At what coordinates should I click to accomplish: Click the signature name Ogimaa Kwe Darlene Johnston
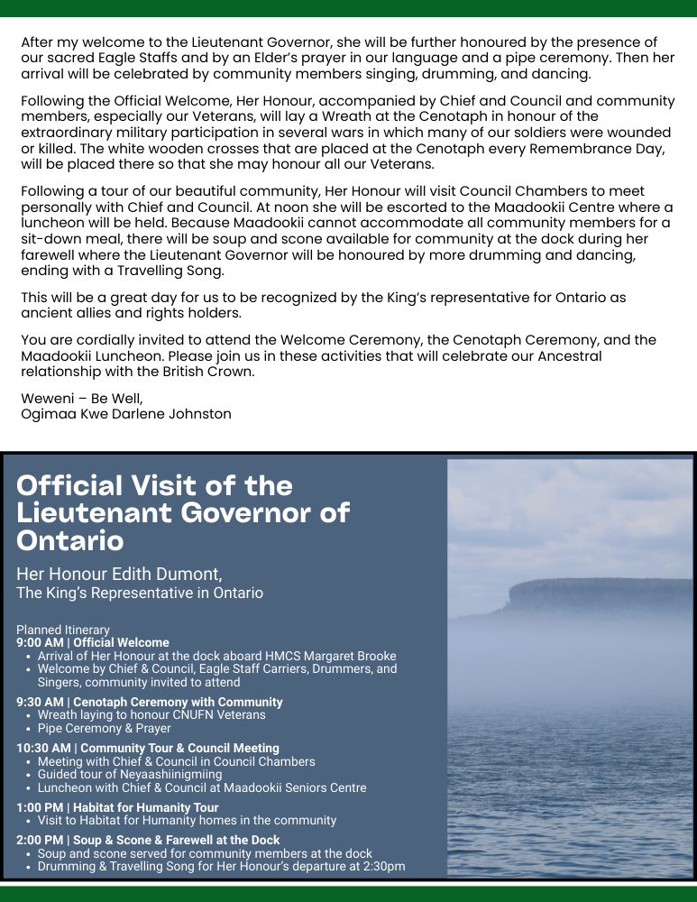[x=126, y=414]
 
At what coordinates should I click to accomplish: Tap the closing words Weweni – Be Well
[x=81, y=398]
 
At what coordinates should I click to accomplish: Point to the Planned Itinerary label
[x=63, y=630]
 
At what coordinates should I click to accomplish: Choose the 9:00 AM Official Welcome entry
[x=93, y=643]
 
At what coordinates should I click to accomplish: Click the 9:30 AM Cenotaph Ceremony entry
[x=150, y=702]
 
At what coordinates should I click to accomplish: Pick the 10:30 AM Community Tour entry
[x=148, y=748]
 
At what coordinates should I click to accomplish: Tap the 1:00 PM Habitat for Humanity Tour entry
[x=117, y=807]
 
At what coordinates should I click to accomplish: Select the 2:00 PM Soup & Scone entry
[x=148, y=840]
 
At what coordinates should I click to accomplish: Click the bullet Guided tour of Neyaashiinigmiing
[x=130, y=774]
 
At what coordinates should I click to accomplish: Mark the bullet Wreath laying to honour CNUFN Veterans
[x=151, y=714]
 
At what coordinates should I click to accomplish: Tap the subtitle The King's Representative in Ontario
[x=140, y=593]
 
